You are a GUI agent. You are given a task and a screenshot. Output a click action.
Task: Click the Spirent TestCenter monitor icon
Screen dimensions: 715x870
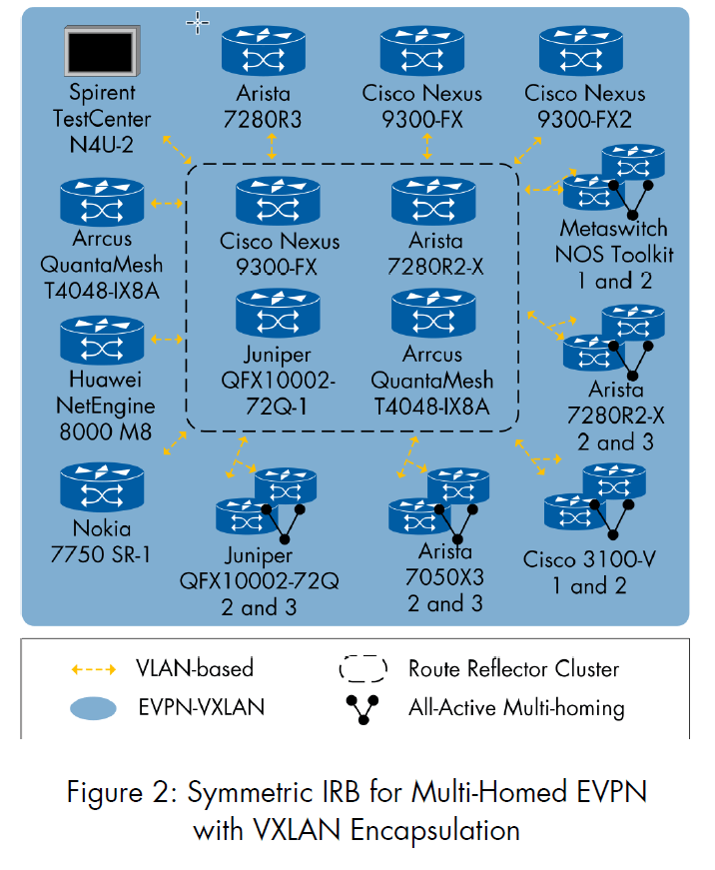click(102, 51)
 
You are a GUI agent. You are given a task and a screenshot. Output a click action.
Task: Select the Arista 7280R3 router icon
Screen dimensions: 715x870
click(264, 51)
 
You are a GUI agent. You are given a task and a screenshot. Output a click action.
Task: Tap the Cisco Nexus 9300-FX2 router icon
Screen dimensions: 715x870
click(581, 51)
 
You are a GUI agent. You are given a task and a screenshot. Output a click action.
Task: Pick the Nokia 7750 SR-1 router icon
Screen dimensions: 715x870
click(102, 487)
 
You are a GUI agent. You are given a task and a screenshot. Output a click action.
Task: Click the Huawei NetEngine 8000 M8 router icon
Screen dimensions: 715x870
click(102, 341)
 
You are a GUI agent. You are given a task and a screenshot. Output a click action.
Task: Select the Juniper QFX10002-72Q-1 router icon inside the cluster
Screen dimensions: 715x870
click(278, 313)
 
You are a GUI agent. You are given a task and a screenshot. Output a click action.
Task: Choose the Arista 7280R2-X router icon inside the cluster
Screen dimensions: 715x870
click(433, 201)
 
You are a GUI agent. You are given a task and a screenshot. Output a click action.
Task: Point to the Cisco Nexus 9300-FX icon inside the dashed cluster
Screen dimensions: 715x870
click(278, 201)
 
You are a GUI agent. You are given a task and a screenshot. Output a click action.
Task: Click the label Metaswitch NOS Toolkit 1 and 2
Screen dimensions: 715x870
click(614, 255)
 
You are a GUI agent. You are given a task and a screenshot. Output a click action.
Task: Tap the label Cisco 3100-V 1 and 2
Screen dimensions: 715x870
click(589, 572)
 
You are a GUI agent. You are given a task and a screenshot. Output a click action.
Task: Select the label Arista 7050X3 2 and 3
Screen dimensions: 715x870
click(444, 577)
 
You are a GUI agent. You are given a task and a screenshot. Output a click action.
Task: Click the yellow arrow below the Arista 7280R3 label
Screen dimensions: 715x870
click(272, 147)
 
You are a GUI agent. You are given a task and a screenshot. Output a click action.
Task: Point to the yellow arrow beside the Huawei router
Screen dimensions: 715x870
click(167, 339)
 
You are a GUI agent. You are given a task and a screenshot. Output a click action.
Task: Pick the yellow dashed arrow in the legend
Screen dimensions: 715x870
click(94, 669)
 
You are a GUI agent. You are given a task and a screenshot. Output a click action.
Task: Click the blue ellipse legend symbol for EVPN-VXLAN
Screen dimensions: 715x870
click(93, 708)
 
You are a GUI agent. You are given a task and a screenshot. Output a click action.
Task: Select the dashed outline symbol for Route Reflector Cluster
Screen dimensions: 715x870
click(363, 669)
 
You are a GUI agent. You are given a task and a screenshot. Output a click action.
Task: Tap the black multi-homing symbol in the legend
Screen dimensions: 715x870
click(362, 709)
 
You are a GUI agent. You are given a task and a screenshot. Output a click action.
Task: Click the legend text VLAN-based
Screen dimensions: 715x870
click(195, 668)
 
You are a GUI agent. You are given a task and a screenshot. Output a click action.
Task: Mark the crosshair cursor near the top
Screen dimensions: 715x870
click(198, 23)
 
